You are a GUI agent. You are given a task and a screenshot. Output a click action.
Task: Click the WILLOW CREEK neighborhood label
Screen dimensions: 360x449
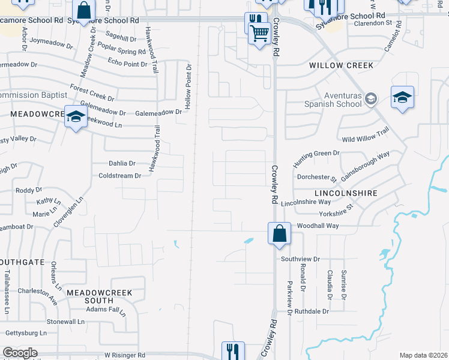(x=341, y=65)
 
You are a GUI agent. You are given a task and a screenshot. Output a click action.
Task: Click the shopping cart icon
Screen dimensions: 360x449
(x=259, y=34)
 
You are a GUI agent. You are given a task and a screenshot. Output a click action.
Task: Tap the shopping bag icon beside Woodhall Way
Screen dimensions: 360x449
(x=280, y=233)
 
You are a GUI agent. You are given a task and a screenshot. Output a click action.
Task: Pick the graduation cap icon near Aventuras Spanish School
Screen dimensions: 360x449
(x=402, y=97)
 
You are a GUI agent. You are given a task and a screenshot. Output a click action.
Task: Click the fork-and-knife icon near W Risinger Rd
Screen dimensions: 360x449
(x=233, y=351)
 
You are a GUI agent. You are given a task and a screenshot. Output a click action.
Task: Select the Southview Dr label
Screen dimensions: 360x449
(x=301, y=259)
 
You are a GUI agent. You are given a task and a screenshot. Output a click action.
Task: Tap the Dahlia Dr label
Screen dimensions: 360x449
(x=122, y=163)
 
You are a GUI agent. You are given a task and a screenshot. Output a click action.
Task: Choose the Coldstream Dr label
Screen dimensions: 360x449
(x=119, y=176)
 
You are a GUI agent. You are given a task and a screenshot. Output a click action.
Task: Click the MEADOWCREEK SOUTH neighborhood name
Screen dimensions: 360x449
(x=99, y=296)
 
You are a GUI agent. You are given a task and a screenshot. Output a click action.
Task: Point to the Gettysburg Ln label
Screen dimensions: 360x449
(x=26, y=332)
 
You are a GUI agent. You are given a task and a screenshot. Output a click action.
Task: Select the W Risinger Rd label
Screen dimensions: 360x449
(x=124, y=355)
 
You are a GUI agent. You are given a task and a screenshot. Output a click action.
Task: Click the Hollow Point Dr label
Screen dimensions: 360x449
(x=188, y=87)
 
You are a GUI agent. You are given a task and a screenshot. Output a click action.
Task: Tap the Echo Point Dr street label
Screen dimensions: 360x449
(x=127, y=64)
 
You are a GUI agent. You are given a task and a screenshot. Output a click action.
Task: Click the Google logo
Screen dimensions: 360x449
(x=19, y=353)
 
